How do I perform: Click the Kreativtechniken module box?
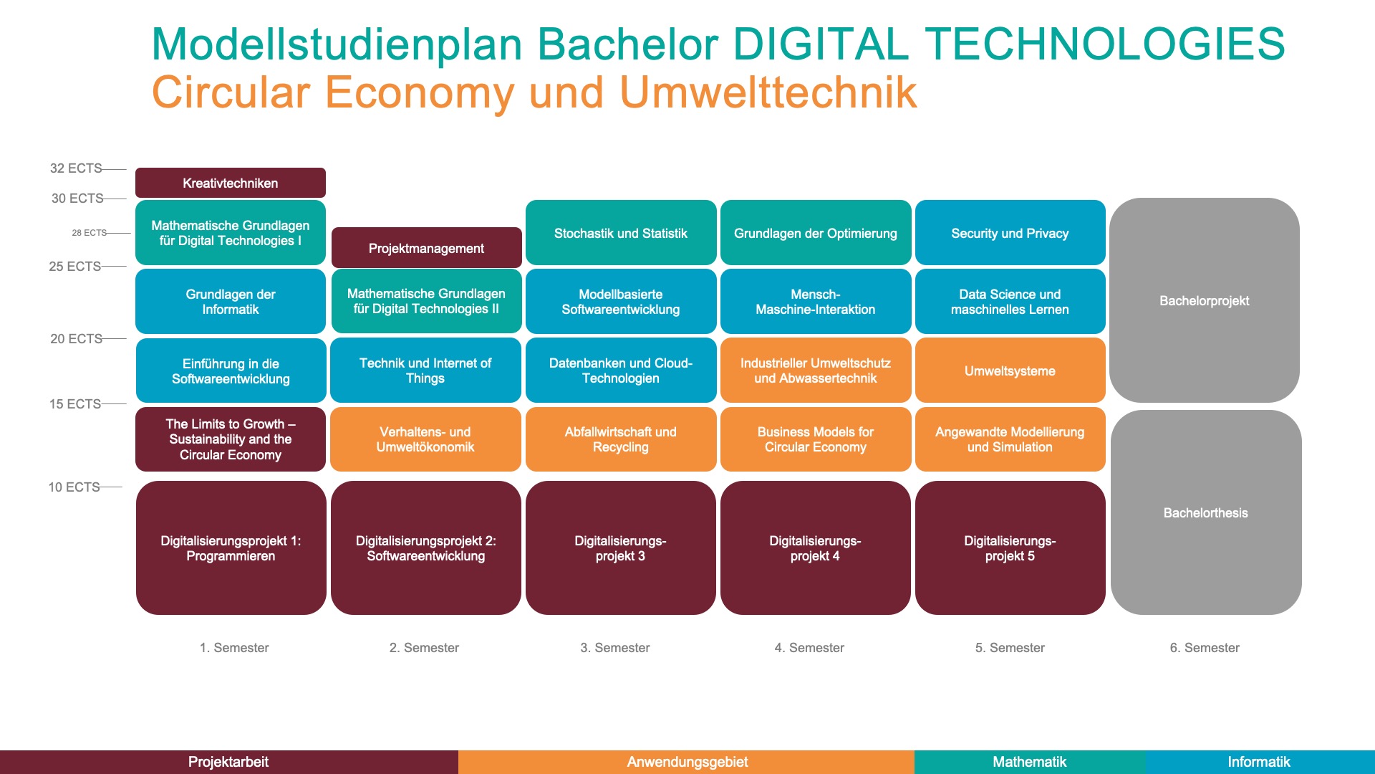click(231, 183)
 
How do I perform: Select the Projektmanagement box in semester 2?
click(426, 248)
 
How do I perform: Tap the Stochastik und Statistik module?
click(621, 233)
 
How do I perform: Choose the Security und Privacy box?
click(1010, 233)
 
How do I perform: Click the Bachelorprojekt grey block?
click(1205, 300)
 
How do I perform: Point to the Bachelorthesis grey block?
click(1206, 512)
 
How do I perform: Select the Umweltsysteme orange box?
click(1010, 371)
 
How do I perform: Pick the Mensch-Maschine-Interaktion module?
click(816, 302)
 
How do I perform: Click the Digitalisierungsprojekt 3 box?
click(621, 548)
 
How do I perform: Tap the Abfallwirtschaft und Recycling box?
click(621, 439)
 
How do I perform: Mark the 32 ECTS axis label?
click(76, 168)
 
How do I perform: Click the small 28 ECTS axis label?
click(89, 233)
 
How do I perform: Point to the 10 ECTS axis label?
click(74, 487)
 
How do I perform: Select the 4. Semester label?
click(809, 648)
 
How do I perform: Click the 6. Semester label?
click(1205, 648)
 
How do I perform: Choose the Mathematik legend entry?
click(1030, 762)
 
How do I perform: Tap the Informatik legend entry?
click(1260, 762)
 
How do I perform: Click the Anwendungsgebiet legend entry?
click(687, 762)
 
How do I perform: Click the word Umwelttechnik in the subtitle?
click(768, 92)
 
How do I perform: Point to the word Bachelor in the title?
click(627, 44)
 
